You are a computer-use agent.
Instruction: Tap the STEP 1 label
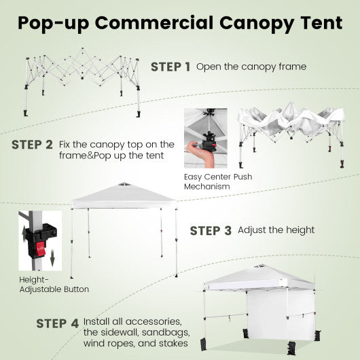coord(170,67)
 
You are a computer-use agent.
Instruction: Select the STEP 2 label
coord(32,145)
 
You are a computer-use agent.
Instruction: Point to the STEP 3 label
coord(211,230)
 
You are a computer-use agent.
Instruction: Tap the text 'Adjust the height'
coord(276,230)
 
